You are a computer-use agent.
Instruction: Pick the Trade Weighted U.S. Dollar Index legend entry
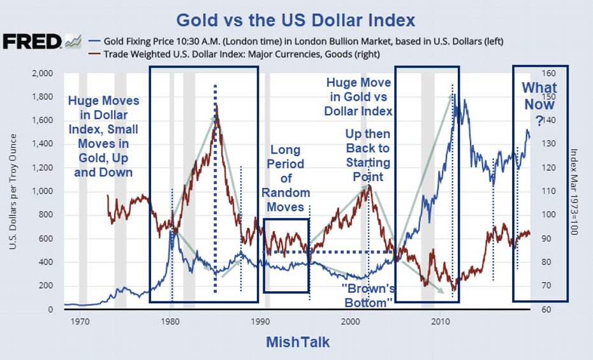[x=243, y=54]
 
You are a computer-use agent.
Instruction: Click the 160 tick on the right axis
[x=548, y=73]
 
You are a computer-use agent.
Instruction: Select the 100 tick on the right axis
[x=548, y=215]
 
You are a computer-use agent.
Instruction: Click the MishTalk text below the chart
[x=297, y=342]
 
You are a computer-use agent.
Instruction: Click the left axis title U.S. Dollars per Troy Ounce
[x=14, y=191]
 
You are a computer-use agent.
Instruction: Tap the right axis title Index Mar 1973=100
[x=573, y=191]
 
